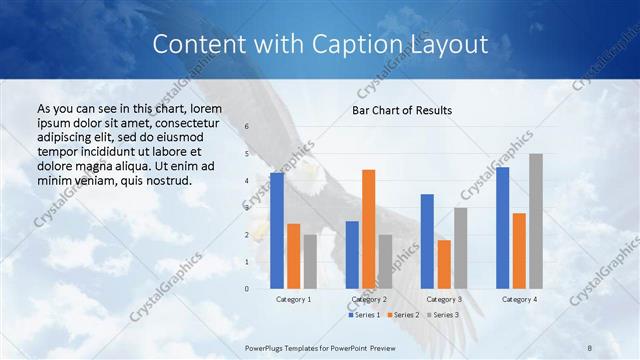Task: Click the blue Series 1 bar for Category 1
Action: click(x=277, y=231)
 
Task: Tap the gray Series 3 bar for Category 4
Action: click(x=536, y=221)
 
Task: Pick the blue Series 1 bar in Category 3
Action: click(x=427, y=241)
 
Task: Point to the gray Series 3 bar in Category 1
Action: click(x=309, y=262)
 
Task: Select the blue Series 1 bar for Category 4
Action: click(x=502, y=228)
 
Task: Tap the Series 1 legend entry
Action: click(x=364, y=315)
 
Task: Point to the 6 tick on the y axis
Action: click(x=246, y=127)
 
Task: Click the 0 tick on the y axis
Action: click(x=246, y=289)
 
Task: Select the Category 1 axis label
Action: click(x=293, y=299)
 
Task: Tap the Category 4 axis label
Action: click(x=519, y=299)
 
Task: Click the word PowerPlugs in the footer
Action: click(x=267, y=347)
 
